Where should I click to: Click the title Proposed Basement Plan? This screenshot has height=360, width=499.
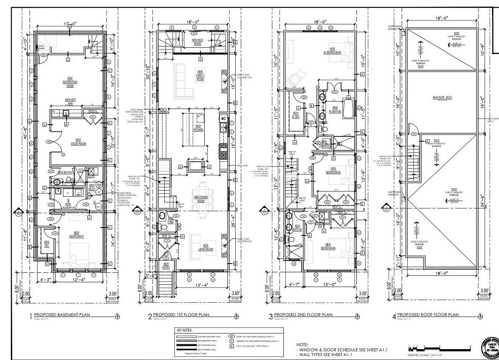(x=62, y=315)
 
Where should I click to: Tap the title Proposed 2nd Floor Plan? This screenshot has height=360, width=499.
(x=302, y=315)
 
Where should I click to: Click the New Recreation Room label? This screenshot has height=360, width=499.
(x=70, y=82)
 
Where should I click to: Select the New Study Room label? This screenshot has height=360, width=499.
(x=78, y=142)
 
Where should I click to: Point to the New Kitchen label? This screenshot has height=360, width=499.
(x=198, y=128)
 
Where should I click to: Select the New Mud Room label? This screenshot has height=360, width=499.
(x=197, y=42)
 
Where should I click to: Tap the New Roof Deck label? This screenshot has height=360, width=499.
(x=442, y=98)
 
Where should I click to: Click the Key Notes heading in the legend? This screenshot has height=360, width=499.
(x=185, y=330)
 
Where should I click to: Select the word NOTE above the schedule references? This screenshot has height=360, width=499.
(x=303, y=344)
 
